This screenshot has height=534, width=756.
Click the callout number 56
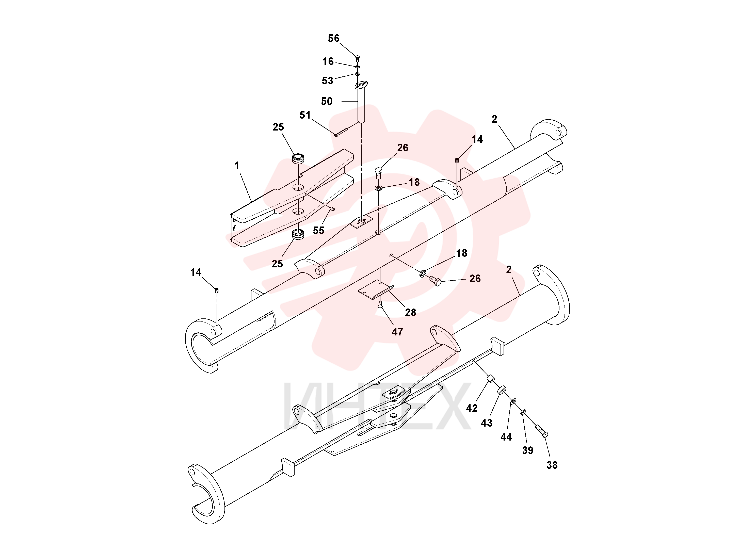333,39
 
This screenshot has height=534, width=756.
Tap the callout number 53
328,81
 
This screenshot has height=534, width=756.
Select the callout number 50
327,101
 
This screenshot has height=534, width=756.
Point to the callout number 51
305,115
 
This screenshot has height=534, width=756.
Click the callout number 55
318,231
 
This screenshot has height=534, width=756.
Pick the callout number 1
237,166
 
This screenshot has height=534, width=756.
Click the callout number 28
411,312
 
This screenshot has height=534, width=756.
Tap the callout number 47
397,332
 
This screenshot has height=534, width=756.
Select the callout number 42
472,409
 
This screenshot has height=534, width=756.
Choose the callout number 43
487,423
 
